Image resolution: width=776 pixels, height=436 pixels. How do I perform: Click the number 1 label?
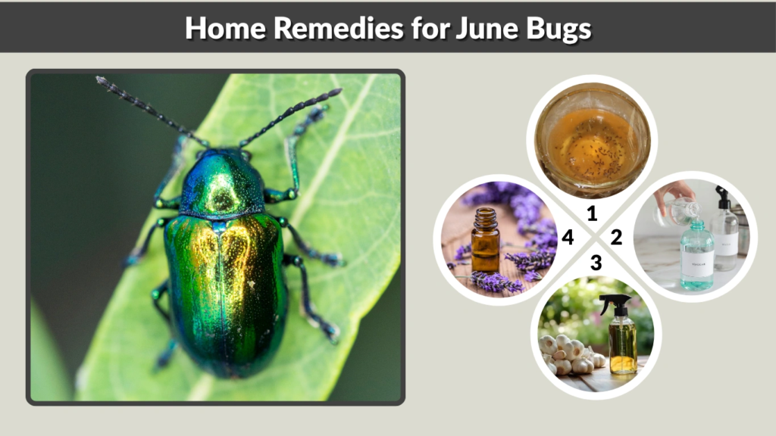click(592, 214)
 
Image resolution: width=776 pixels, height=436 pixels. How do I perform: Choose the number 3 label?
click(596, 263)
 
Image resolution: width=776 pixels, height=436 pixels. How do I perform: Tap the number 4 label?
click(567, 238)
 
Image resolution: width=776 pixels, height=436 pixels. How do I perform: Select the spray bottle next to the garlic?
click(622, 336)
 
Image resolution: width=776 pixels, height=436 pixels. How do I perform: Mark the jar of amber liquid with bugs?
click(592, 140)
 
